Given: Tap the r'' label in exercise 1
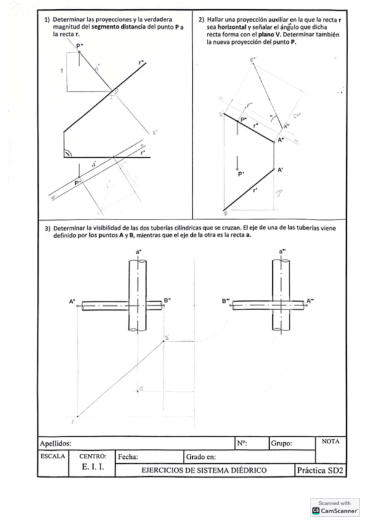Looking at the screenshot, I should click(x=142, y=62).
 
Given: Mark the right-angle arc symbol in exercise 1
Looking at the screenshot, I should click(x=68, y=152).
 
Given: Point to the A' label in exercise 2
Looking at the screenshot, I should click(x=280, y=170).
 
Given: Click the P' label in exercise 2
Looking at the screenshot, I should click(x=242, y=175).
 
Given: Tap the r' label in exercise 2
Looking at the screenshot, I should click(x=255, y=191).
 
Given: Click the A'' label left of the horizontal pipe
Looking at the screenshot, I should click(x=73, y=302).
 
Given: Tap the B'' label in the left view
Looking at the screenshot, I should click(x=167, y=300).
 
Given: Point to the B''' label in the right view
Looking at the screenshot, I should click(x=226, y=302).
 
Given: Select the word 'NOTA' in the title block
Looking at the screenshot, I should click(x=332, y=441).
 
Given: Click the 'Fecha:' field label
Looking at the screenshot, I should click(x=128, y=457).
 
